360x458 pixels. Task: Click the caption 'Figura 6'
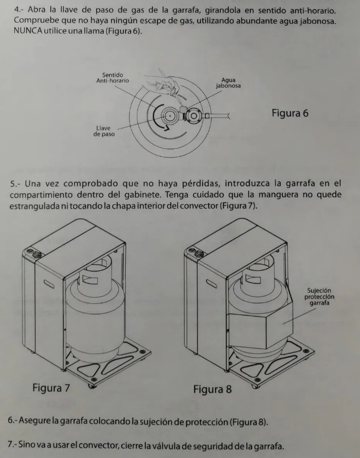pyautogui.click(x=290, y=113)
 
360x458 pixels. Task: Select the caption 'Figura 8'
pyautogui.click(x=212, y=390)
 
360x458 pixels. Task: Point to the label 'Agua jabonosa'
pyautogui.click(x=228, y=84)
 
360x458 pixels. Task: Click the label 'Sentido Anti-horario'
pyautogui.click(x=113, y=78)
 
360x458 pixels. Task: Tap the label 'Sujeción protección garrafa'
pyautogui.click(x=320, y=297)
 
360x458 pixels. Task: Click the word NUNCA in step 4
pyautogui.click(x=25, y=29)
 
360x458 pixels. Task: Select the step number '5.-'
pyautogui.click(x=17, y=184)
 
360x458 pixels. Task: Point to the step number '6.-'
pyautogui.click(x=15, y=422)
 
